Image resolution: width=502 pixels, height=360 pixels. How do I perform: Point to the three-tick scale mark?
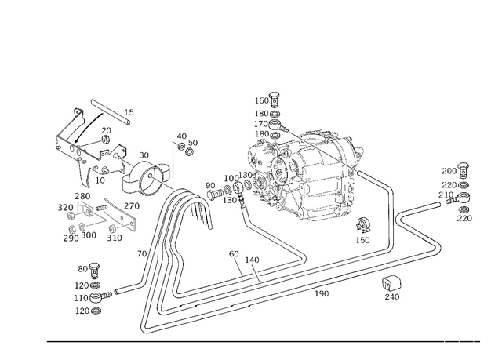(460, 341)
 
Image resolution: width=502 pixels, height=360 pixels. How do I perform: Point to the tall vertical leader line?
(174, 165)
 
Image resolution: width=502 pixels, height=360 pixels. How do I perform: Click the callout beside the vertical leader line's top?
(187, 144)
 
